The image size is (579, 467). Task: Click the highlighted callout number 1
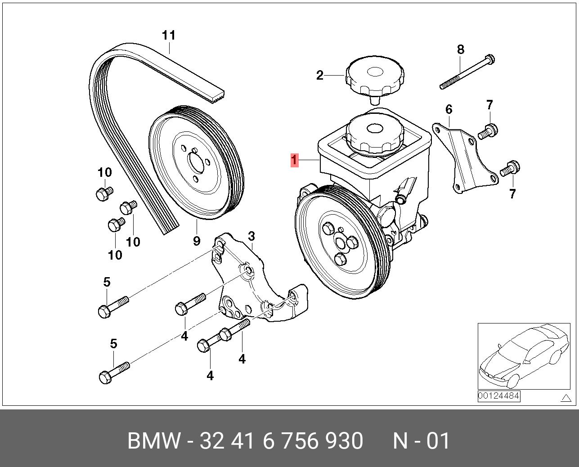pyautogui.click(x=294, y=160)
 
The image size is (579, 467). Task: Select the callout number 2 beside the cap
pyautogui.click(x=319, y=75)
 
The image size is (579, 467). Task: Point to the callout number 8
pyautogui.click(x=460, y=49)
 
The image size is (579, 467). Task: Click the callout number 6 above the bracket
pyautogui.click(x=449, y=109)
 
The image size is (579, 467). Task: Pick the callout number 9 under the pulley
pyautogui.click(x=197, y=241)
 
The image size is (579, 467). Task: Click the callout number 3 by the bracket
pyautogui.click(x=251, y=236)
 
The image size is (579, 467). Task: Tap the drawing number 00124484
pyautogui.click(x=498, y=396)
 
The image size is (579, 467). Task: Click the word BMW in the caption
pyautogui.click(x=154, y=441)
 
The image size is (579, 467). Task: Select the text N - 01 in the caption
pyautogui.click(x=421, y=441)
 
